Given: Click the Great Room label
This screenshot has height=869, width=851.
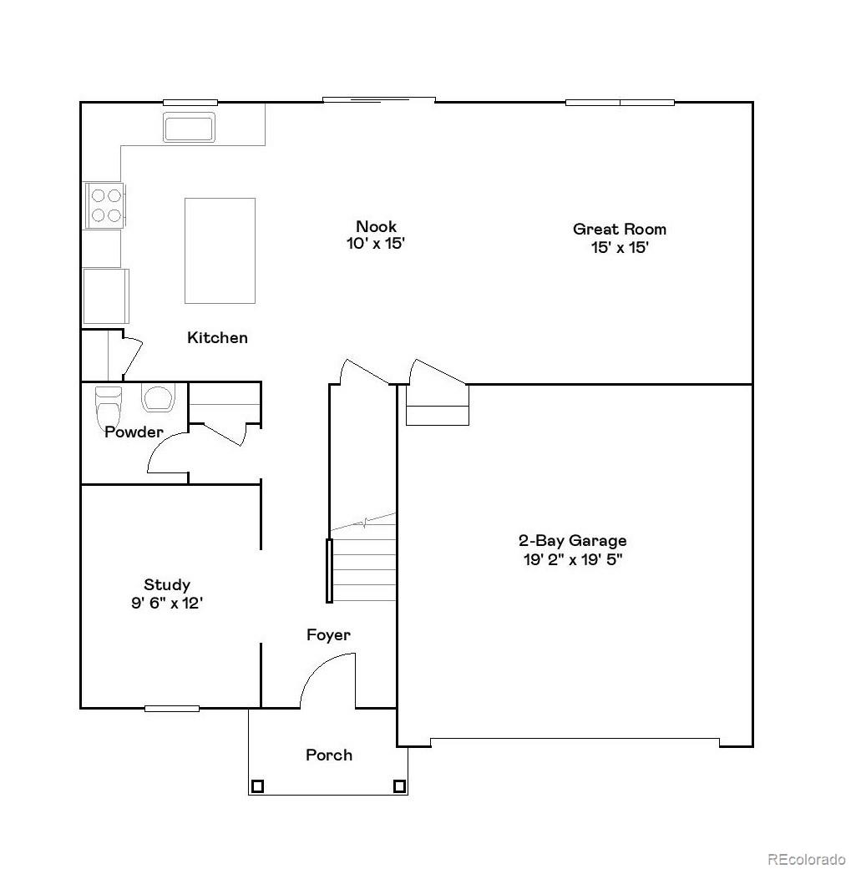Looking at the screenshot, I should point(619,229).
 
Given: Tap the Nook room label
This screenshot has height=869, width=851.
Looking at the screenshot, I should point(376,226).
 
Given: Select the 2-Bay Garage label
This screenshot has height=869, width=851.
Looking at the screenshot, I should point(572,541).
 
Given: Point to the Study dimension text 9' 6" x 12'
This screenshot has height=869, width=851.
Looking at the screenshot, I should point(167,603).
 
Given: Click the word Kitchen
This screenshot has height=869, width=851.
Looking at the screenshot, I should point(217,338).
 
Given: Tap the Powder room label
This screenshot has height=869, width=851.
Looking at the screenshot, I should point(134,432).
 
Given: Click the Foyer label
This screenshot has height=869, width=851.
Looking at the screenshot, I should point(328,635).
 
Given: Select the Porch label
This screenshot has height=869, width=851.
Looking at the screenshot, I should point(329,755).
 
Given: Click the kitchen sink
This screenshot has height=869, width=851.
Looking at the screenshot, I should point(190,128).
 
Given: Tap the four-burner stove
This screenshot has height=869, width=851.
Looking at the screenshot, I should point(105,205).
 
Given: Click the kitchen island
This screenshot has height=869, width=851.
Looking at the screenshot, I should point(220,250).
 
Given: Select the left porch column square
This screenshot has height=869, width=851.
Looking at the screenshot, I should point(257,786).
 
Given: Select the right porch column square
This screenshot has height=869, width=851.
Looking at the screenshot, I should point(399,786).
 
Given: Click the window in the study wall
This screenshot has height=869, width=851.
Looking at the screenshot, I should point(172,709).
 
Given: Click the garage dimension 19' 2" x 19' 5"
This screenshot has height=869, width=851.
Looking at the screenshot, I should point(572,559).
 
